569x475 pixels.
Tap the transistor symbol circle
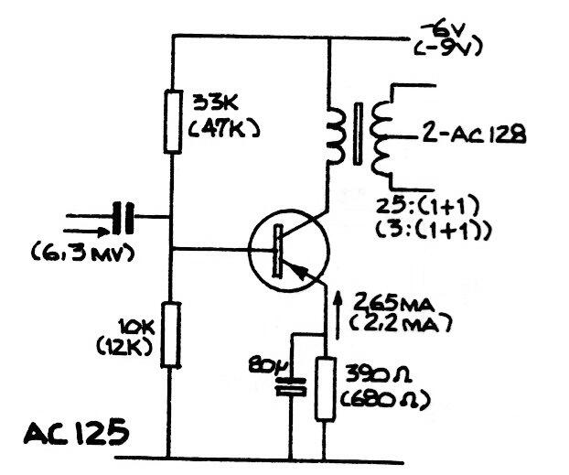tap(285, 248)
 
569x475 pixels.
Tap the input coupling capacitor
tap(123, 218)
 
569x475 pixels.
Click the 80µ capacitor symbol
tap(291, 385)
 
